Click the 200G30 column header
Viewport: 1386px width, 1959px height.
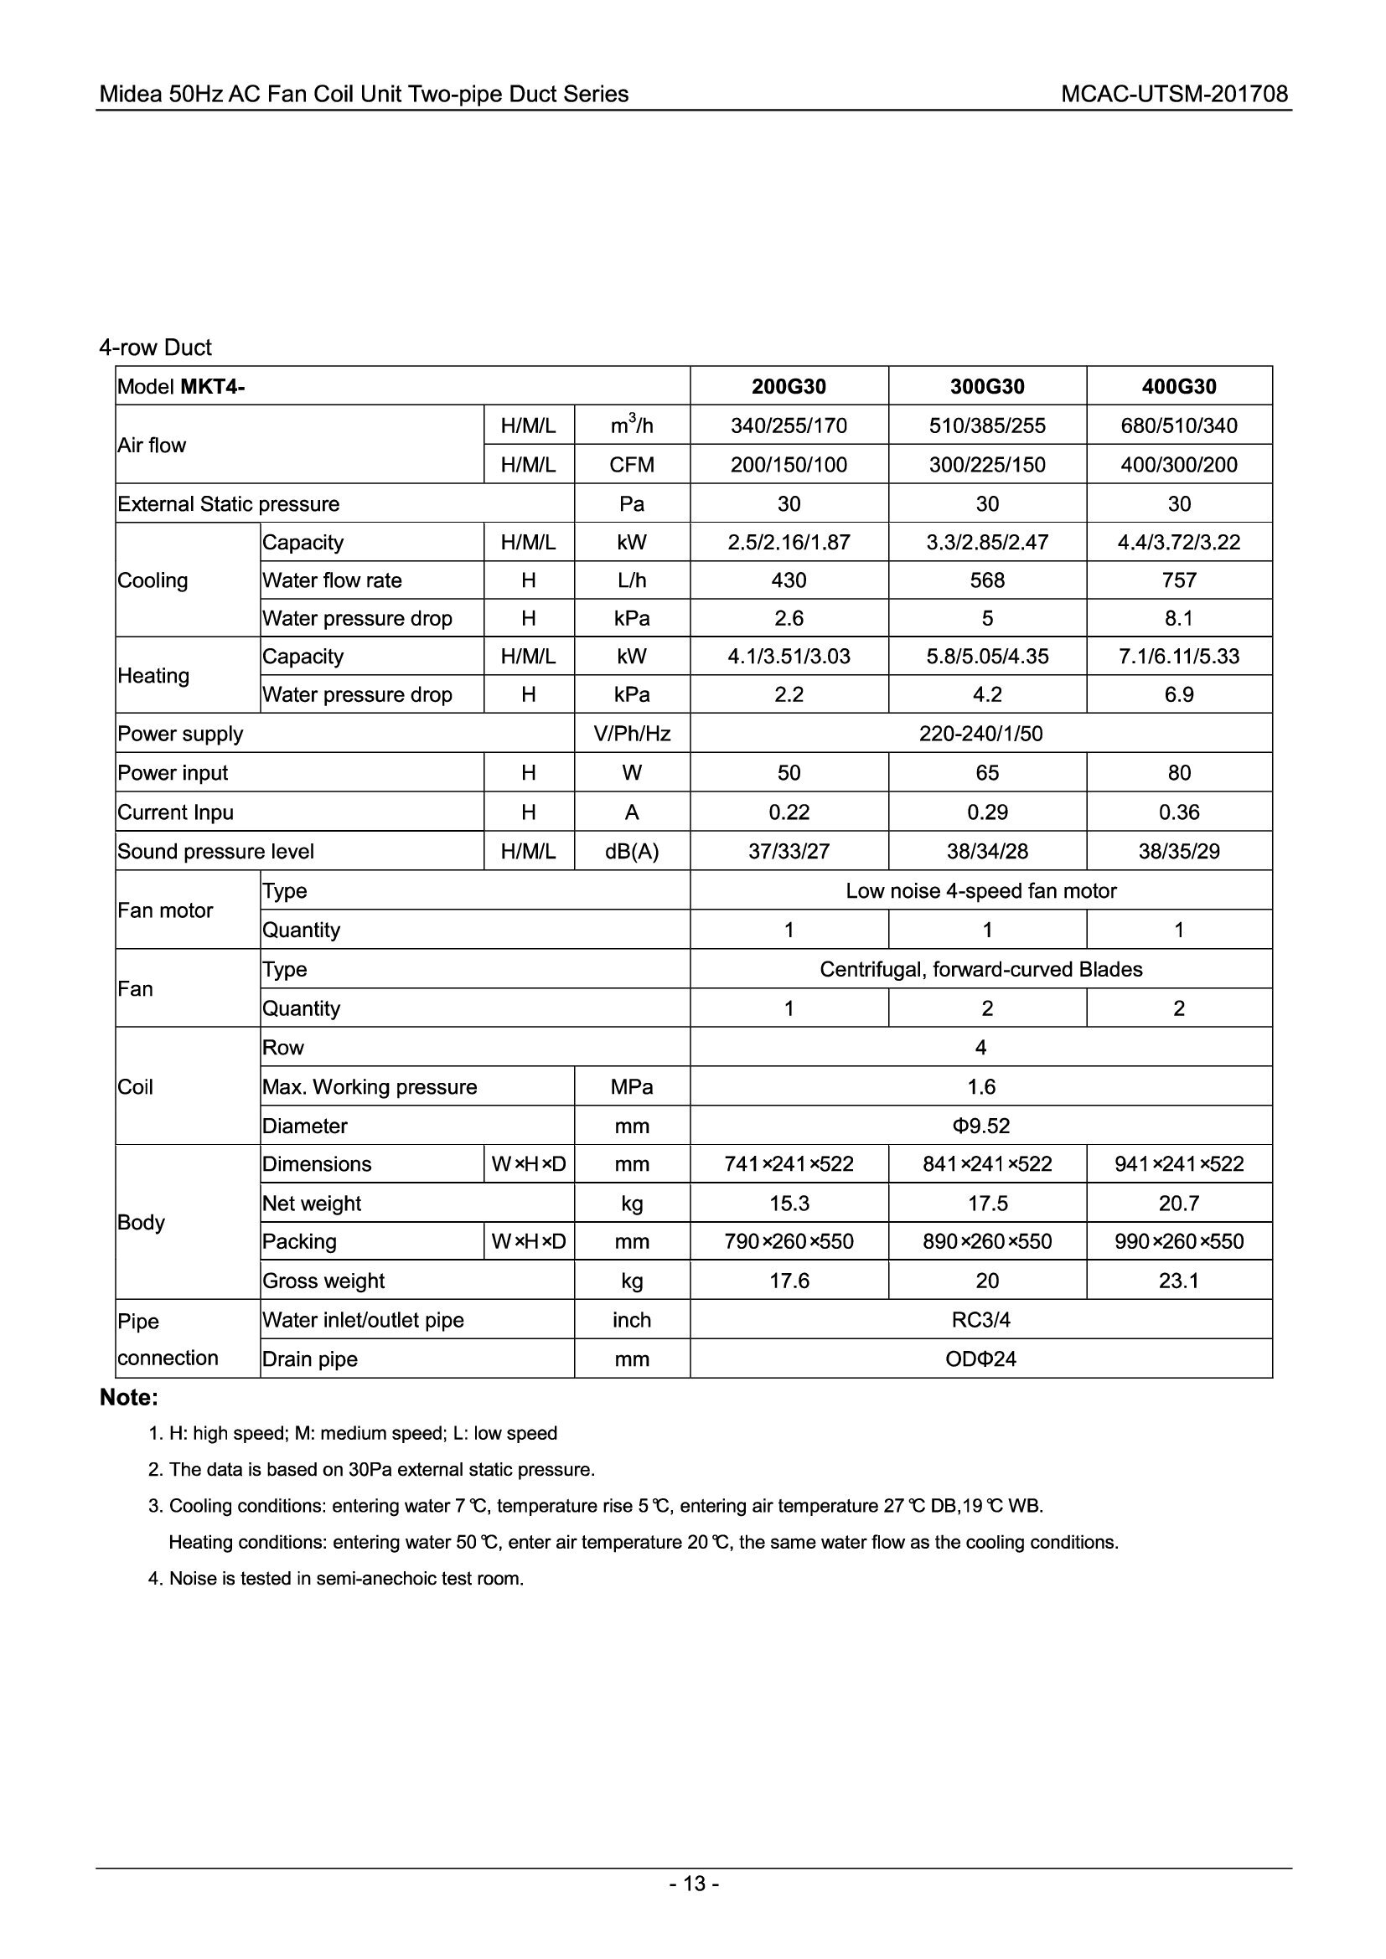[x=789, y=386]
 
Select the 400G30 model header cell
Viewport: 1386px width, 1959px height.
[x=1179, y=386]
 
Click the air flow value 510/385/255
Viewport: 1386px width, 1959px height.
[x=986, y=425]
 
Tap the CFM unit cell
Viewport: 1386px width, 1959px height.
[x=632, y=465]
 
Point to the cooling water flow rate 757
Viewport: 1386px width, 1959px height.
[x=1179, y=580]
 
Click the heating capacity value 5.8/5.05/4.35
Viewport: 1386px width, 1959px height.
[x=986, y=656]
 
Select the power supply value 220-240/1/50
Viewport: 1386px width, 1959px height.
[x=980, y=734]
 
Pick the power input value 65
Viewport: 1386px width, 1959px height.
[x=986, y=773]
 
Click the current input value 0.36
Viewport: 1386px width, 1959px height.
[x=1179, y=812]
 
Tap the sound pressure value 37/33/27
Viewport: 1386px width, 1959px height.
[x=789, y=852]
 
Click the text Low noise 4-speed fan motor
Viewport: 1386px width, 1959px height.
[x=980, y=891]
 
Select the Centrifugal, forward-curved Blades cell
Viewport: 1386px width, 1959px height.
[x=980, y=969]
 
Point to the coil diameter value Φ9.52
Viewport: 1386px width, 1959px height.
[x=980, y=1126]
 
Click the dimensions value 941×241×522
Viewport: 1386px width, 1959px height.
[x=1179, y=1164]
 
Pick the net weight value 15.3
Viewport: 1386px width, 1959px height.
[x=789, y=1203]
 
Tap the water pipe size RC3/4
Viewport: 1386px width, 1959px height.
[x=980, y=1320]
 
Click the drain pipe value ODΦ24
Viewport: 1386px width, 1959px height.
[x=980, y=1359]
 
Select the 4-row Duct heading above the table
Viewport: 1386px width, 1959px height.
[x=155, y=348]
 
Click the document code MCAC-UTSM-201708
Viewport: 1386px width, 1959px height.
[x=1173, y=94]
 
